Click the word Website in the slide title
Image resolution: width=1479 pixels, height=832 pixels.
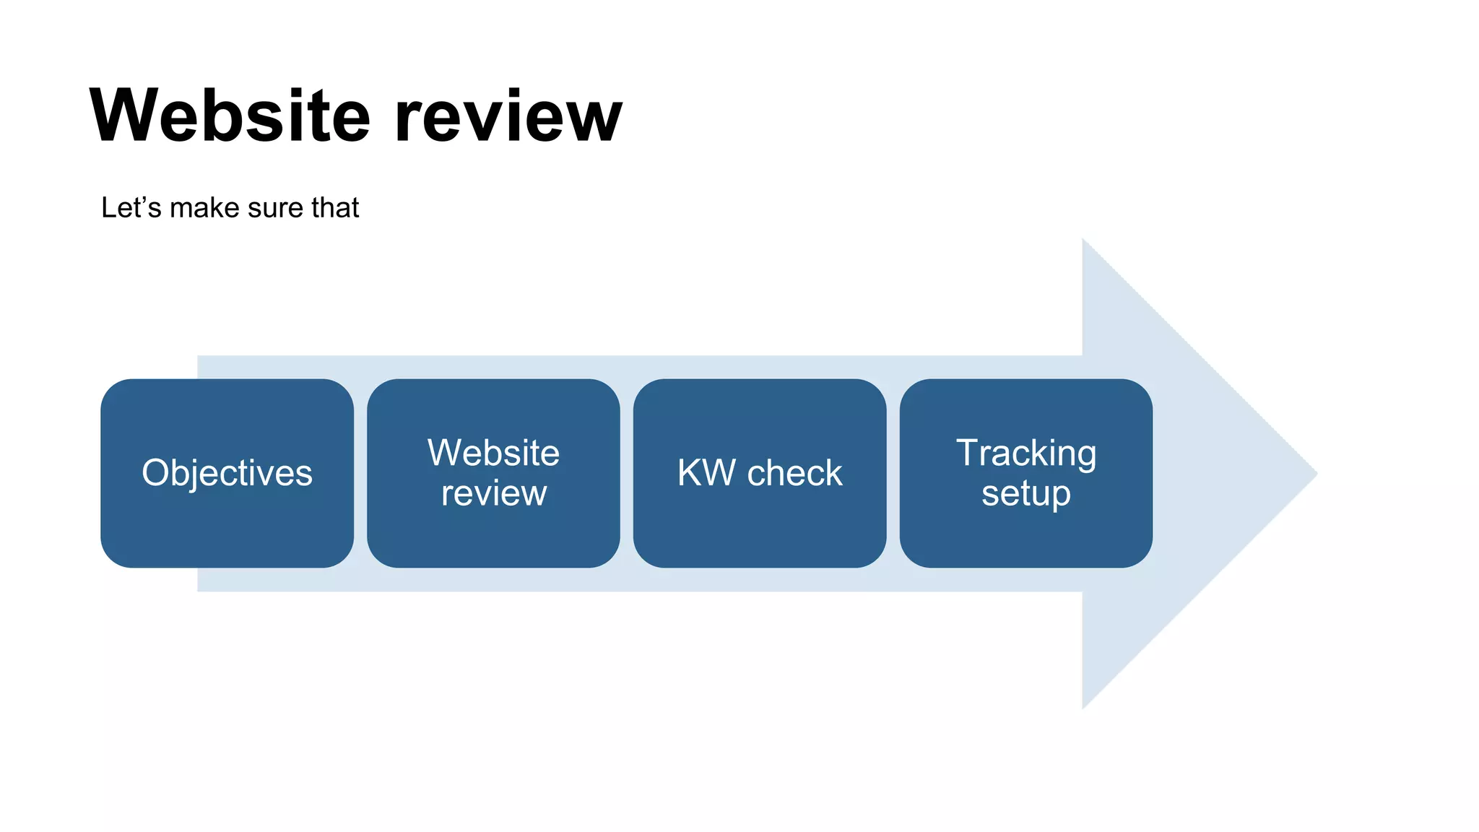pos(230,116)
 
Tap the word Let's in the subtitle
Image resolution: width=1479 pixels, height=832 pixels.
pos(131,208)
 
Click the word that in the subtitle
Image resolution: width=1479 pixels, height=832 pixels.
pos(335,208)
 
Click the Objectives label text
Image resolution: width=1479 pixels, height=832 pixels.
pos(227,474)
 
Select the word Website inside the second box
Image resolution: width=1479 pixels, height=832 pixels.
pos(493,454)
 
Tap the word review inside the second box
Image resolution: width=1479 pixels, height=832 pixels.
pos(493,493)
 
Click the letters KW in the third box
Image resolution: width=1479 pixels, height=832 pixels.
pos(706,474)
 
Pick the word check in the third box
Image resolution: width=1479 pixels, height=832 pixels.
pos(794,474)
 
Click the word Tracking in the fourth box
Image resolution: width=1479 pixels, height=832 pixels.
pos(1026,454)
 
